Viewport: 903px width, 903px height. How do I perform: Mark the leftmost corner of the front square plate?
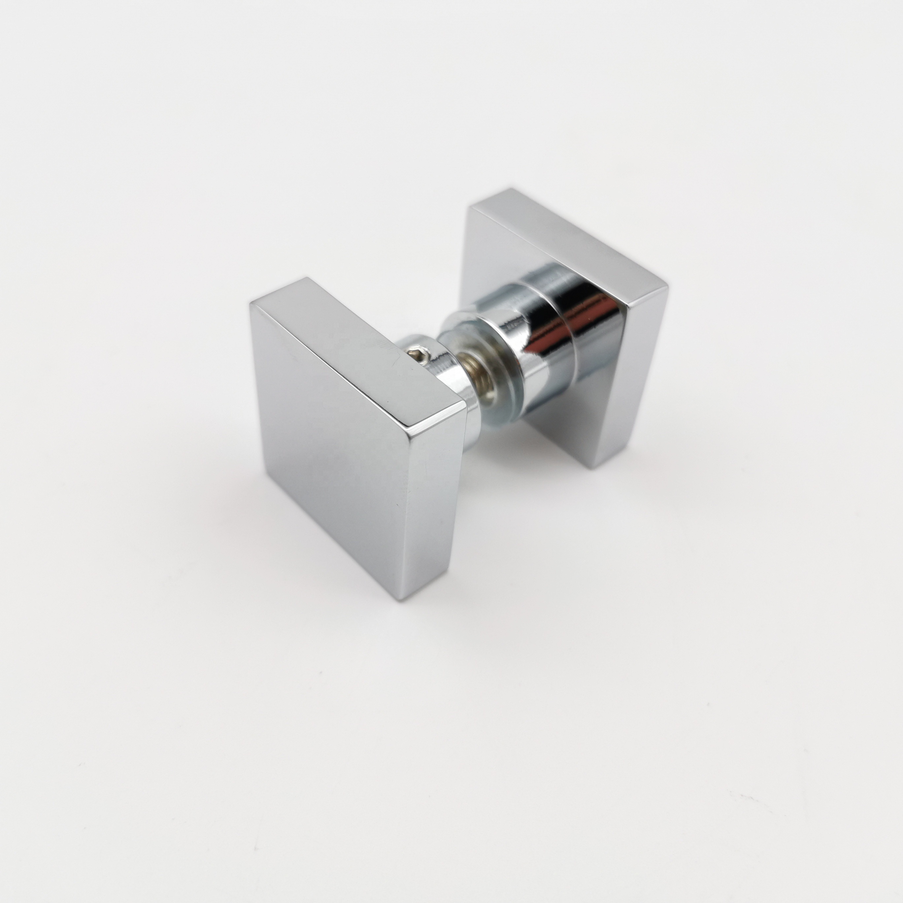tap(251, 303)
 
